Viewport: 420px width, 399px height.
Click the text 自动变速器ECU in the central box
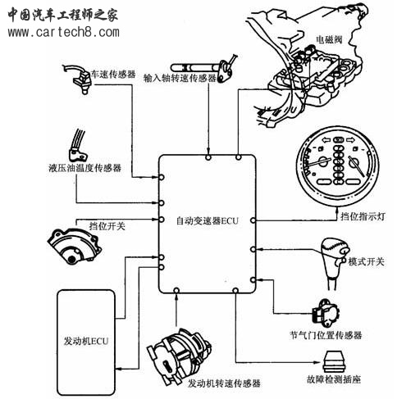(x=207, y=220)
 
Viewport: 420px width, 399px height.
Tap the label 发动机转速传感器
(x=224, y=383)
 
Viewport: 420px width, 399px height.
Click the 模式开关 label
(x=366, y=262)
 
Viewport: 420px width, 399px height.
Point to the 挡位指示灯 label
(x=351, y=216)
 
